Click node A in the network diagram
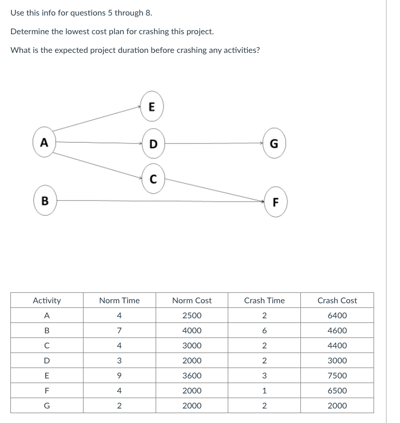tap(44, 143)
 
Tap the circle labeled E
tap(151, 107)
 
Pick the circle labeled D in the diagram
tap(153, 143)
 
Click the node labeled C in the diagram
tap(153, 179)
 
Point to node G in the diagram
tap(273, 143)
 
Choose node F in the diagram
tap(275, 202)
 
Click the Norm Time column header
tap(119, 300)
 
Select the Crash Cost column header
tap(337, 300)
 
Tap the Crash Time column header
tap(264, 300)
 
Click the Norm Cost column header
tap(192, 300)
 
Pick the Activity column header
tap(47, 300)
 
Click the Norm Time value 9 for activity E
tap(119, 375)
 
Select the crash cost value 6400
tap(337, 315)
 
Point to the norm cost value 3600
tap(192, 375)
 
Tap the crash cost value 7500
tap(337, 375)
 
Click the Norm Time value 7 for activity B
tap(119, 330)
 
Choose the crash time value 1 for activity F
tap(264, 390)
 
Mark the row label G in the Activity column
tap(47, 405)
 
